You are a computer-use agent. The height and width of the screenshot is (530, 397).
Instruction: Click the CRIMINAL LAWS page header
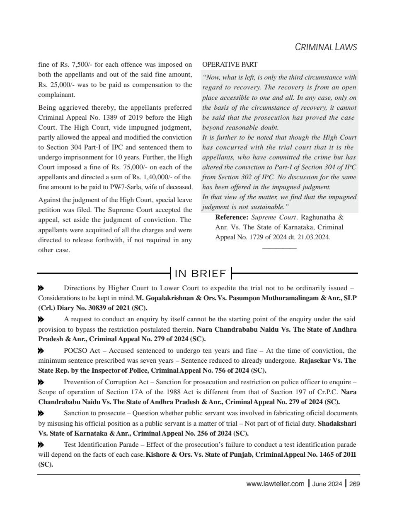(325, 47)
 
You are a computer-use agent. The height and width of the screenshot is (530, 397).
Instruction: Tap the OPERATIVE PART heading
(229, 65)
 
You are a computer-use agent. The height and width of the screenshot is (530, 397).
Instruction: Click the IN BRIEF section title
(201, 274)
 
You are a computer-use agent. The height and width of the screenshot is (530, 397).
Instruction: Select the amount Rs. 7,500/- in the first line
(73, 65)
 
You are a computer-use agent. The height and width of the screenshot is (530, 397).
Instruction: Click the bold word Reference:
(232, 217)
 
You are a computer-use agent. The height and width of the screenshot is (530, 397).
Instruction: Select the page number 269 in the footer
(354, 484)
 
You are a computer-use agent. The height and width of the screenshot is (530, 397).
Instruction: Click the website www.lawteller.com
(275, 484)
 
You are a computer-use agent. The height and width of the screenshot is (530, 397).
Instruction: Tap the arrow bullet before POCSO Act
(41, 351)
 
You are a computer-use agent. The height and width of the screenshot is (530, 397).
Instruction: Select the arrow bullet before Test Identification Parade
(41, 445)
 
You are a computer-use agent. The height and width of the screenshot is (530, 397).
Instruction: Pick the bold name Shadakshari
(336, 424)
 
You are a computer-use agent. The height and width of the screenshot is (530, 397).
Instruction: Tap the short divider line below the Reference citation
(279, 248)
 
